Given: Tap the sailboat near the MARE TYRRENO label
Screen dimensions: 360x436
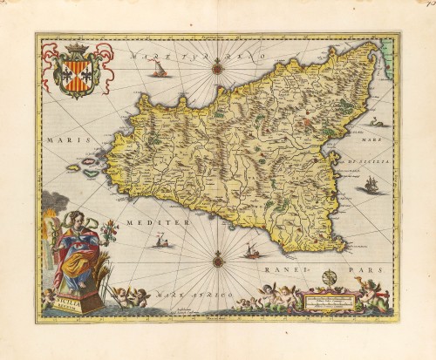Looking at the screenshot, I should pyautogui.click(x=160, y=68).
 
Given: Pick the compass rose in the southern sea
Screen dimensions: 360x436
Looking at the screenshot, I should pyautogui.click(x=218, y=257).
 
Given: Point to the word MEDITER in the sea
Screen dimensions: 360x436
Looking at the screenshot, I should pyautogui.click(x=159, y=223).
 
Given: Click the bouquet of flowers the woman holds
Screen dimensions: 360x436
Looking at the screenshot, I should pyautogui.click(x=108, y=231).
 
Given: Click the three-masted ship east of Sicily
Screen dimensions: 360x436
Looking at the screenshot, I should pyautogui.click(x=371, y=185).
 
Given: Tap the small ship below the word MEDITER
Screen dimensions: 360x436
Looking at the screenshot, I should pyautogui.click(x=160, y=241).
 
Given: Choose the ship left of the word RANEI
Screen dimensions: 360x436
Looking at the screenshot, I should pyautogui.click(x=251, y=252).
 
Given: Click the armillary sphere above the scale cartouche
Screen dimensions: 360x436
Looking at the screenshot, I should pyautogui.click(x=328, y=280).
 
